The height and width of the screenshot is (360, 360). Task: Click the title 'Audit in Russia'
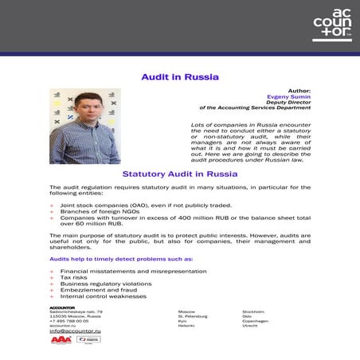click(x=179, y=77)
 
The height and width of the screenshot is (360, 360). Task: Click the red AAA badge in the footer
click(x=61, y=340)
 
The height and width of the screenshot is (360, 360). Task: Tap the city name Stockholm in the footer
click(x=255, y=311)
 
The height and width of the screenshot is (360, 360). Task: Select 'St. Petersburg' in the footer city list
click(x=193, y=316)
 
